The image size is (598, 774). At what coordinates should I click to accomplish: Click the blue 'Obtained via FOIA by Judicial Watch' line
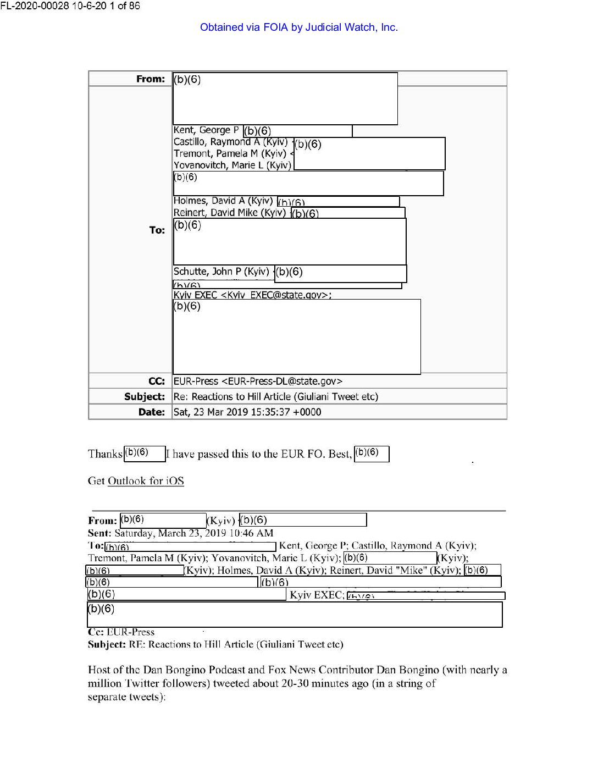pyautogui.click(x=298, y=27)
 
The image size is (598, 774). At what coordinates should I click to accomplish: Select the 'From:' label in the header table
pyautogui.click(x=151, y=79)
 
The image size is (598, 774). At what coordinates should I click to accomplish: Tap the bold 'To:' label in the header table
pyautogui.click(x=157, y=230)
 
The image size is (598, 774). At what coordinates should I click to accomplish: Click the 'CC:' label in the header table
pyautogui.click(x=157, y=382)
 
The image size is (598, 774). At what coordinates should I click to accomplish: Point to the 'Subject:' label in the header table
pyautogui.click(x=145, y=397)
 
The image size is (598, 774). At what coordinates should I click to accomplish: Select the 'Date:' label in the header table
pyautogui.click(x=151, y=412)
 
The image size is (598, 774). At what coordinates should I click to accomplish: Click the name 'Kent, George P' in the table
pyautogui.click(x=206, y=130)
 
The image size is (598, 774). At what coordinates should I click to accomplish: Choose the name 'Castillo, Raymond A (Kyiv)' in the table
pyautogui.click(x=230, y=142)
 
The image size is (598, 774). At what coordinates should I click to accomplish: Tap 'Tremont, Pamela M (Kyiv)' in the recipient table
pyautogui.click(x=230, y=153)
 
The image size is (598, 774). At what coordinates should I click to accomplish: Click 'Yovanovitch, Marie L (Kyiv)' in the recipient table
pyautogui.click(x=232, y=165)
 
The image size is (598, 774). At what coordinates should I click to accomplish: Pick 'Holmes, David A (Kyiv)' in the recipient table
pyautogui.click(x=223, y=201)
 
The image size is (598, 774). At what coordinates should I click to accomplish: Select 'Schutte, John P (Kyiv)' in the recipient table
pyautogui.click(x=222, y=272)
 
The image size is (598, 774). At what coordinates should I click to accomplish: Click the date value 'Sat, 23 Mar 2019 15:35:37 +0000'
pyautogui.click(x=247, y=412)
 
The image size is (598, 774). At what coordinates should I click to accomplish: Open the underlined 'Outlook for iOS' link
pyautogui.click(x=146, y=481)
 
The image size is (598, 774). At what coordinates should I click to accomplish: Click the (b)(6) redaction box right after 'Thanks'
pyautogui.click(x=145, y=454)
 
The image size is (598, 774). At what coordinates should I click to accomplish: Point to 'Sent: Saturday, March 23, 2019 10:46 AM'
pyautogui.click(x=180, y=533)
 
